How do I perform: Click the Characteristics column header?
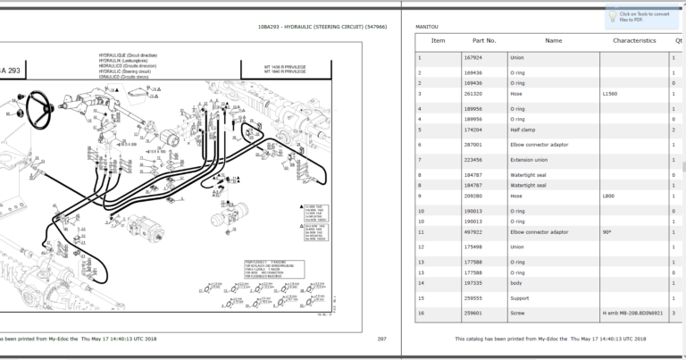(634, 41)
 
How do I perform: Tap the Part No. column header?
(484, 41)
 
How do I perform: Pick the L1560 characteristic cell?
(611, 93)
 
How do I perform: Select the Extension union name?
(529, 160)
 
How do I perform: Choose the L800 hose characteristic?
(608, 195)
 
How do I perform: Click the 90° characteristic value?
(607, 231)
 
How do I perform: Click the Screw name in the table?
(517, 313)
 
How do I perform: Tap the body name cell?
(517, 282)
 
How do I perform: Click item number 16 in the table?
(421, 313)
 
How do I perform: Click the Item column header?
(438, 41)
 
